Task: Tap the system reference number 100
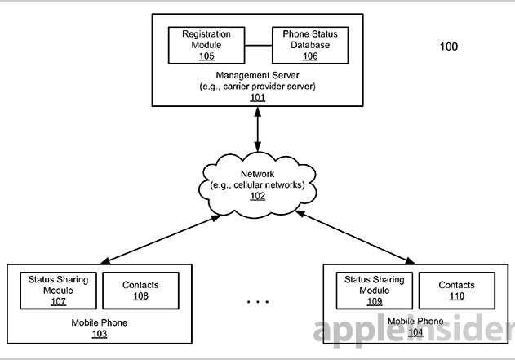(449, 47)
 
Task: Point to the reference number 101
(258, 97)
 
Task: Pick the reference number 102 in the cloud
(257, 197)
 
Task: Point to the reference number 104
(416, 333)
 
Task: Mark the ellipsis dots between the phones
(257, 302)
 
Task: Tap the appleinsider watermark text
(413, 331)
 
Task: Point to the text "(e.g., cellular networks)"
(257, 185)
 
